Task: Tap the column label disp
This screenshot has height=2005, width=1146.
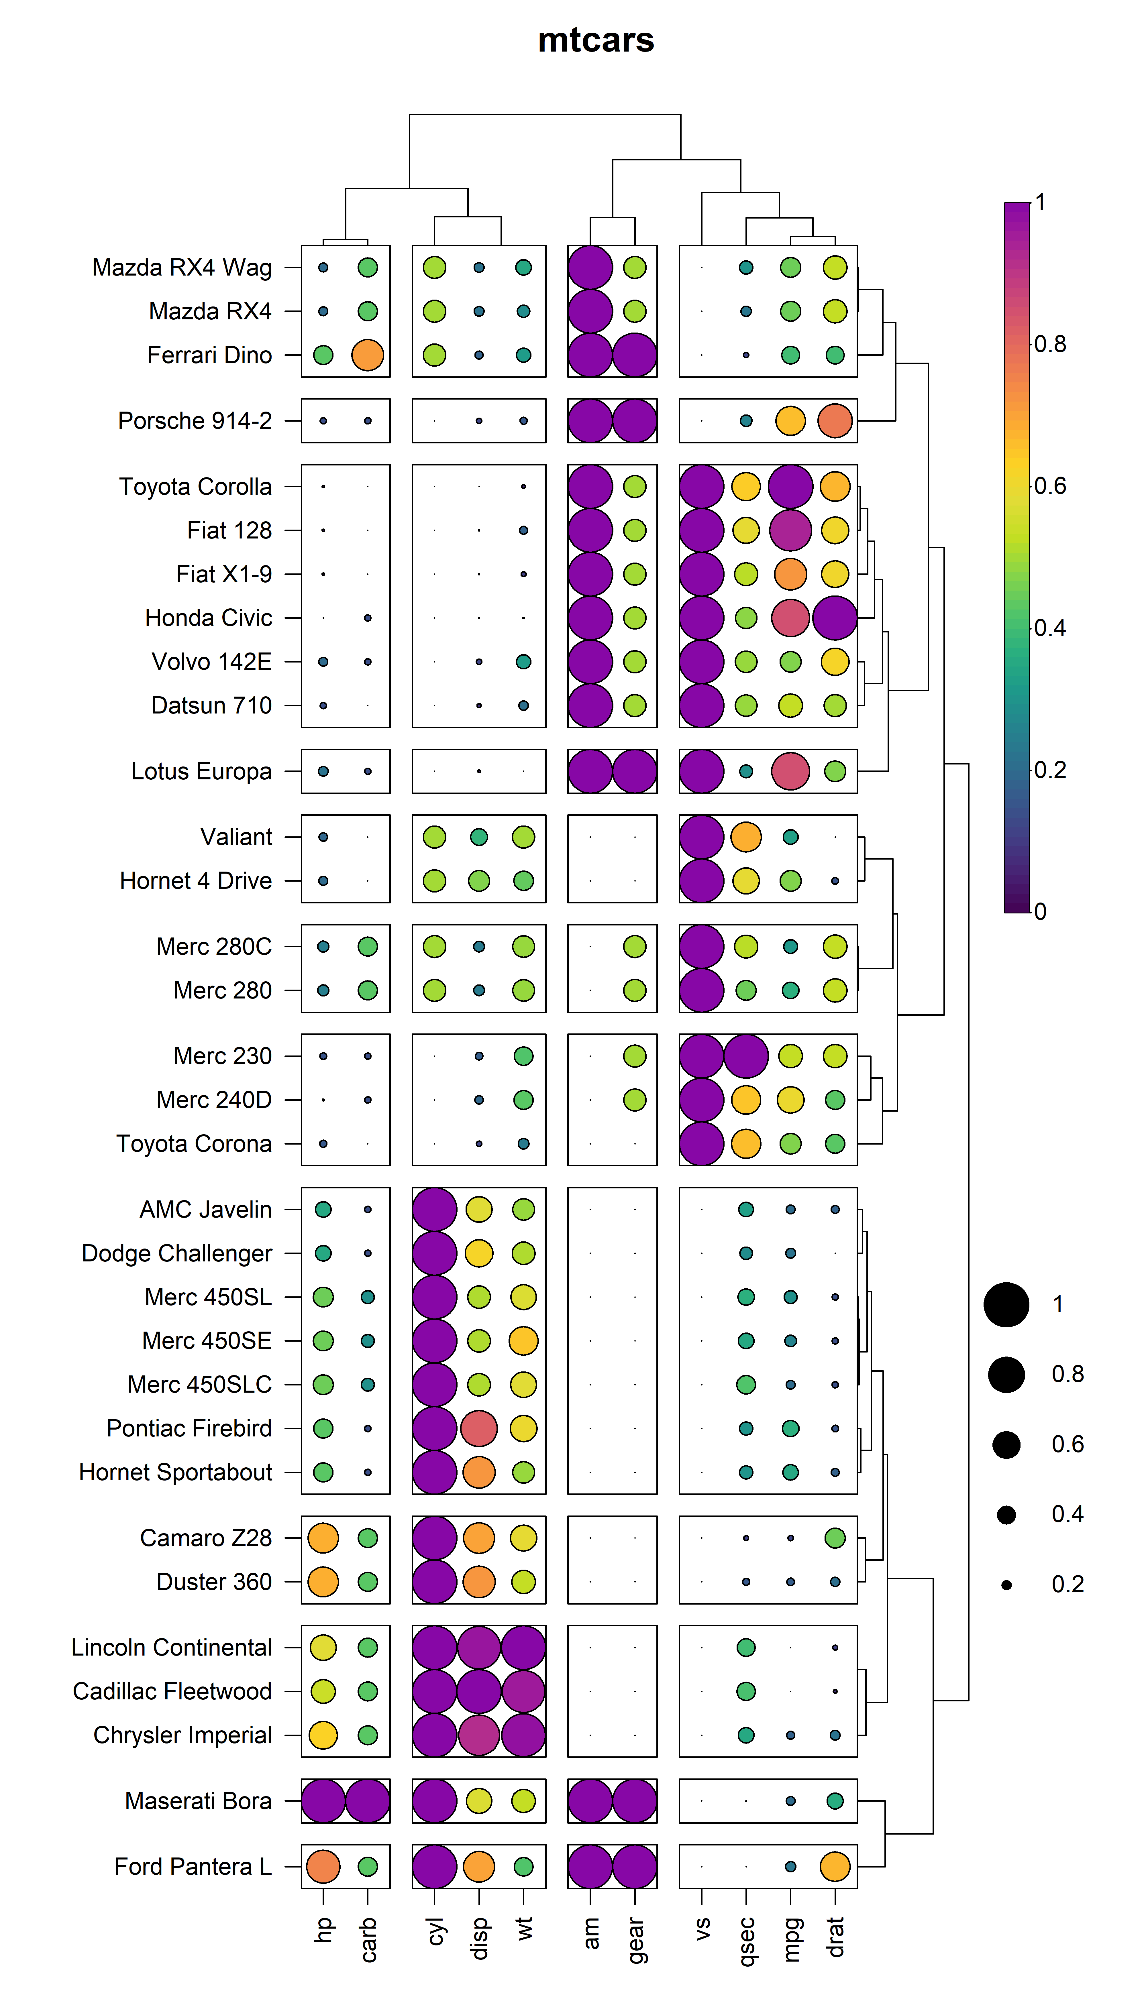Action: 478,1937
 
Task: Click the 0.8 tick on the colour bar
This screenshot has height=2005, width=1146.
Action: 1050,344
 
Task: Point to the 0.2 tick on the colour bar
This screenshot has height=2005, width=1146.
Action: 1050,770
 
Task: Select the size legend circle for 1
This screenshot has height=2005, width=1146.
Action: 1006,1305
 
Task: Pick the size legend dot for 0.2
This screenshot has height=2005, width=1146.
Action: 1006,1585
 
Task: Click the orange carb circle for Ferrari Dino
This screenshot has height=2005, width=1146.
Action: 368,355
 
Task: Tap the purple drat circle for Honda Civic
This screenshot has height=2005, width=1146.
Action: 835,618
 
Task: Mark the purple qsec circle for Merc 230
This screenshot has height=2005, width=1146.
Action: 746,1056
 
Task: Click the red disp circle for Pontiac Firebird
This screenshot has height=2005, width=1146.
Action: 478,1428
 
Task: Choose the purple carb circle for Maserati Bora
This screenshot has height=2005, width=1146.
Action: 368,1801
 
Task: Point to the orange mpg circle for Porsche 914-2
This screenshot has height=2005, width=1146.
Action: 790,421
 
